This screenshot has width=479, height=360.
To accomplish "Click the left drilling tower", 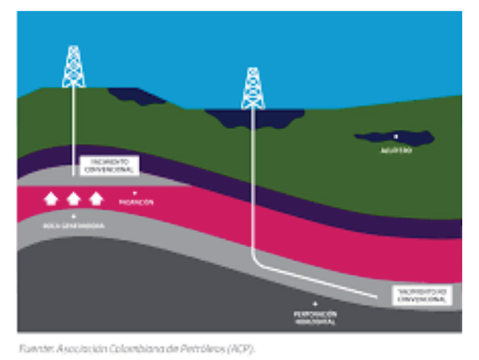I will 74,67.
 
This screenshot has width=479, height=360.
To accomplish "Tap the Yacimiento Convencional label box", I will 109,165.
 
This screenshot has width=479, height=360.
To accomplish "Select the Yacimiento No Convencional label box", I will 421,295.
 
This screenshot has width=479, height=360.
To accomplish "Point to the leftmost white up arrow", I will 50,199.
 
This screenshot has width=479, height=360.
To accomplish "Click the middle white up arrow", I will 73,199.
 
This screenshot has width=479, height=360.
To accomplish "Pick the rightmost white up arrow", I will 96,199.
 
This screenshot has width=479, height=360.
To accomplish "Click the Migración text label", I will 135,203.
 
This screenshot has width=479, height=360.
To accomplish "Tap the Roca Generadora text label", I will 74,225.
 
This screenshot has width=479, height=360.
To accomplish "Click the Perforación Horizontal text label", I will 316,317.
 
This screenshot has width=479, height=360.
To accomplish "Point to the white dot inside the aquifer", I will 395,137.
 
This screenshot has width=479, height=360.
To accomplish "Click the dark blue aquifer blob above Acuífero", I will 414,138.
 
